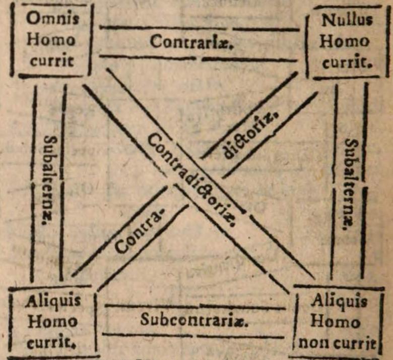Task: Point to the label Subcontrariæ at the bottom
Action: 194,320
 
